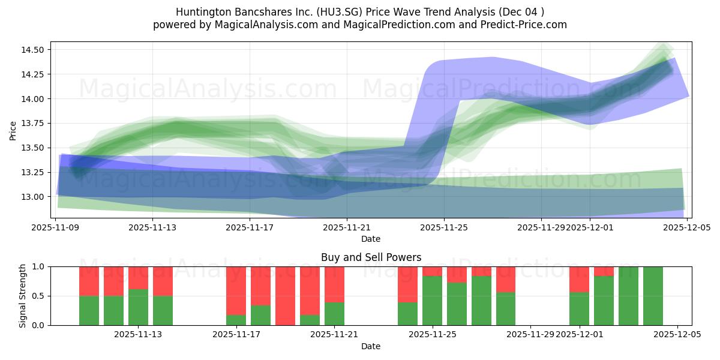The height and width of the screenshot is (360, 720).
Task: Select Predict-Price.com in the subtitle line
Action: point(526,25)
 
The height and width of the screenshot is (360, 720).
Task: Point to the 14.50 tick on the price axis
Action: point(32,50)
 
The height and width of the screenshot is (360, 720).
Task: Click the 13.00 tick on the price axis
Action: point(32,197)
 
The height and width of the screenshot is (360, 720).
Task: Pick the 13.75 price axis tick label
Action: point(32,124)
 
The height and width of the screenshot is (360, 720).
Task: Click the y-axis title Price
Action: point(13,130)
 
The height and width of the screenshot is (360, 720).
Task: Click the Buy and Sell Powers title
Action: point(371,257)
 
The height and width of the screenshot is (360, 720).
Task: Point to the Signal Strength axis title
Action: point(22,296)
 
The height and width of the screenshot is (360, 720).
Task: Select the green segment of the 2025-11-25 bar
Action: point(432,300)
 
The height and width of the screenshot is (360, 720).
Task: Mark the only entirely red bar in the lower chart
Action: point(285,296)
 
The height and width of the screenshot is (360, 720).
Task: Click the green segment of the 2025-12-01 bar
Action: point(579,308)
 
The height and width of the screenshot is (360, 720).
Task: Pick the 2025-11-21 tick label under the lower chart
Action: point(334,335)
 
